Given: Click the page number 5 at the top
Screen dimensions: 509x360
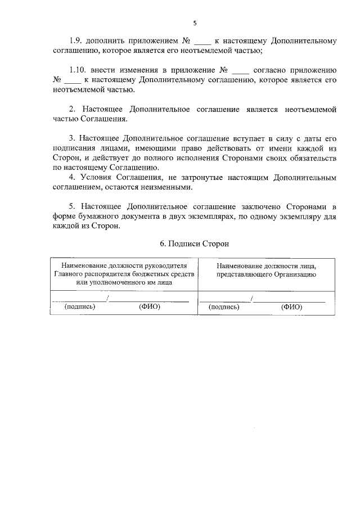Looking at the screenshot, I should pos(195,23).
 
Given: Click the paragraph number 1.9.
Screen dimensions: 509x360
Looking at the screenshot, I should pos(76,41).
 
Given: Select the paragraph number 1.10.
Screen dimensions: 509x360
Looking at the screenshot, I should pos(78,70).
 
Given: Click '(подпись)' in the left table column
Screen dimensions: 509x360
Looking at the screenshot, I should pos(80,307).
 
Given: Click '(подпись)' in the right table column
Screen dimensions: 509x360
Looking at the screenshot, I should pos(224,307).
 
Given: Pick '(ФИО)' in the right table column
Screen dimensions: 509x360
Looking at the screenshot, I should pos(291,307).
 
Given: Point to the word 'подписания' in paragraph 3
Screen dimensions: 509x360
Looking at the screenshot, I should pos(76,148).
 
